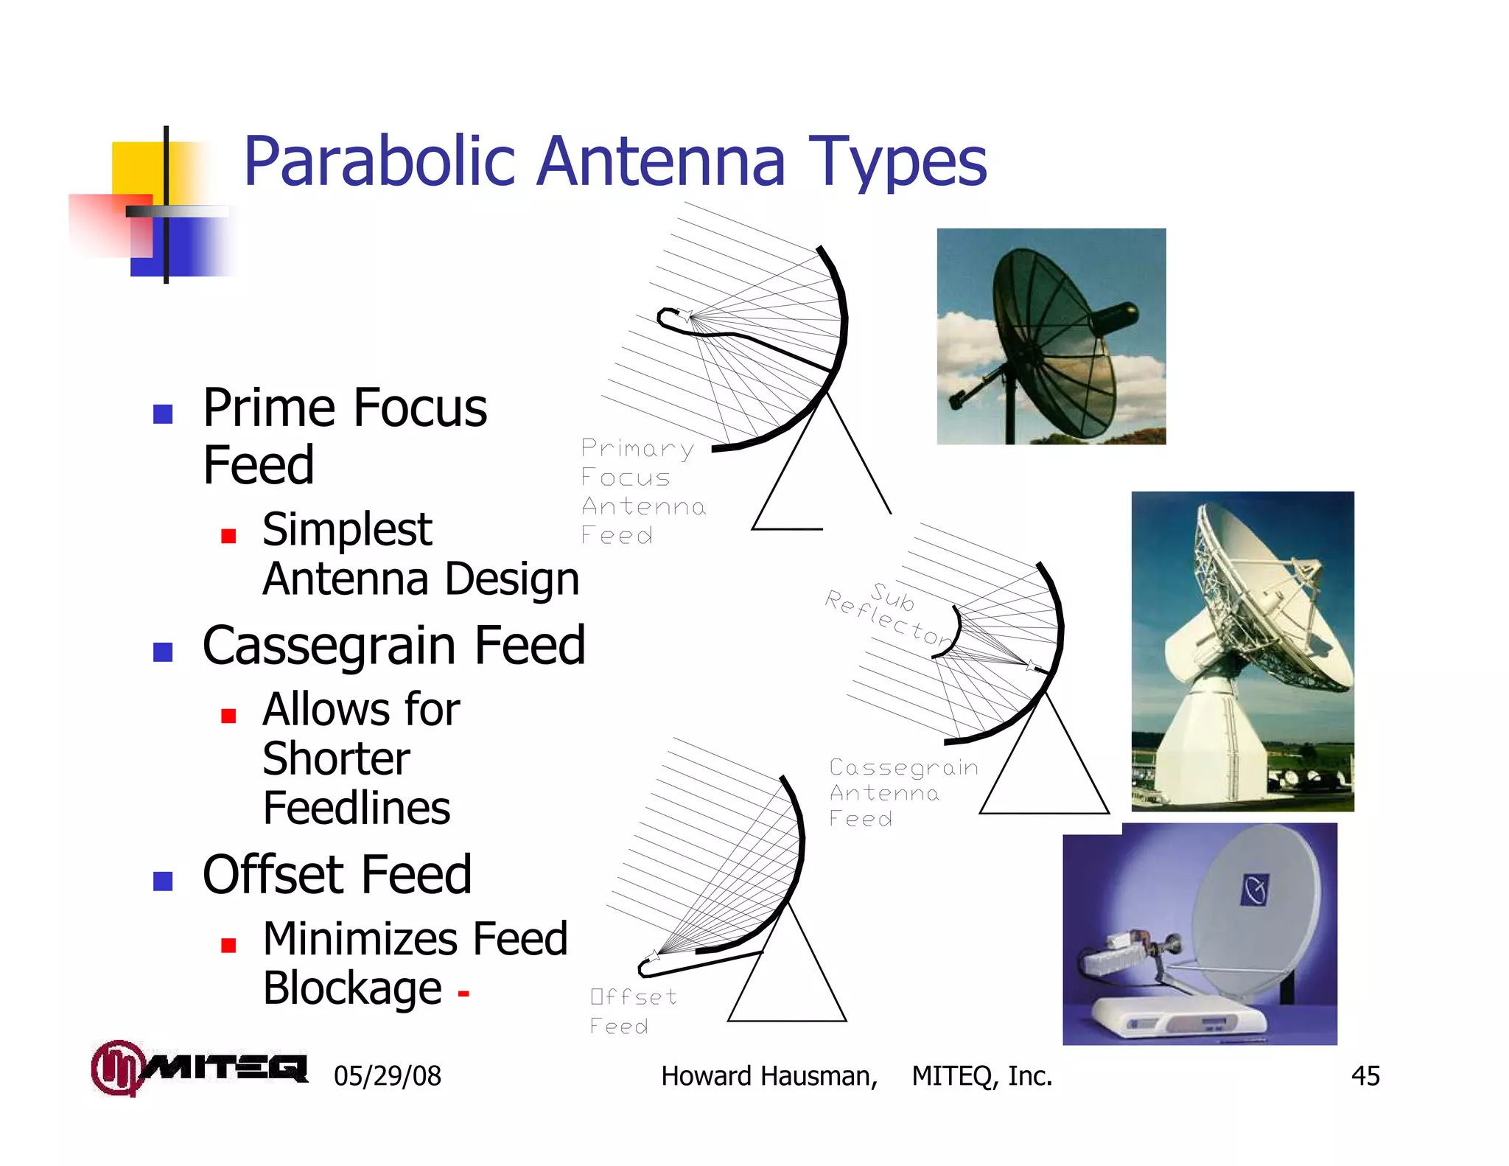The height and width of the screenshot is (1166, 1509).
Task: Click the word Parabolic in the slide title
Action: pyautogui.click(x=379, y=162)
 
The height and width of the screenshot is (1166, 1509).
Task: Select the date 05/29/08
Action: pyautogui.click(x=388, y=1076)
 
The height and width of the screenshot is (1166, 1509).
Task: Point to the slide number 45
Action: pyautogui.click(x=1365, y=1076)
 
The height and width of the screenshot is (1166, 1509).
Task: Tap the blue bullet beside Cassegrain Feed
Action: pyautogui.click(x=163, y=652)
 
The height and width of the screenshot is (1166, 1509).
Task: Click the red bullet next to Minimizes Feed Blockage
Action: pyautogui.click(x=228, y=946)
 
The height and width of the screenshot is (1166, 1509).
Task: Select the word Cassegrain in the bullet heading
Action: pyautogui.click(x=332, y=646)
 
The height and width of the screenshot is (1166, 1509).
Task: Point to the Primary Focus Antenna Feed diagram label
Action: pyautogui.click(x=641, y=491)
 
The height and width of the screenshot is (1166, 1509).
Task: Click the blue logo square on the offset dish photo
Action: pyautogui.click(x=1255, y=890)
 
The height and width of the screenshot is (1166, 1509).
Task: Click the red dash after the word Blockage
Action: pyautogui.click(x=463, y=994)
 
